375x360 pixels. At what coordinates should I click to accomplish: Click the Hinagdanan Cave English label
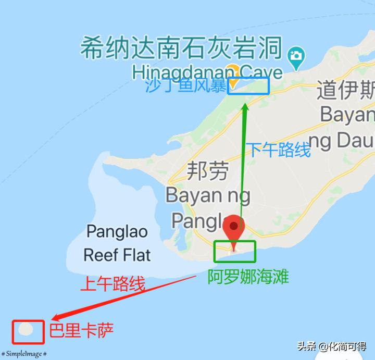[207, 72]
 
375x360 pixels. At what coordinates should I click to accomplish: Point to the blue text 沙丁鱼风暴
[185, 85]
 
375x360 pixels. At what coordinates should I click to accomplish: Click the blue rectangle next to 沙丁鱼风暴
[248, 86]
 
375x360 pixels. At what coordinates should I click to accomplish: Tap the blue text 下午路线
[278, 150]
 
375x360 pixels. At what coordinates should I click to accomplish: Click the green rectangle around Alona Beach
[235, 251]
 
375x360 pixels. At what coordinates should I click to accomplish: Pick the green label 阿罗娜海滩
[248, 276]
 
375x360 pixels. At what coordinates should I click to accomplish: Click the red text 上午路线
[112, 283]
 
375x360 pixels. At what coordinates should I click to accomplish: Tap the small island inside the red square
[27, 329]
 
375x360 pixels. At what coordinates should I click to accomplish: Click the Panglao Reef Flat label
[117, 243]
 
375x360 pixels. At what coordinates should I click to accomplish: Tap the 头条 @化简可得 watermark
[332, 346]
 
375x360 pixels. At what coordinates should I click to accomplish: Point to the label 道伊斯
[345, 91]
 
